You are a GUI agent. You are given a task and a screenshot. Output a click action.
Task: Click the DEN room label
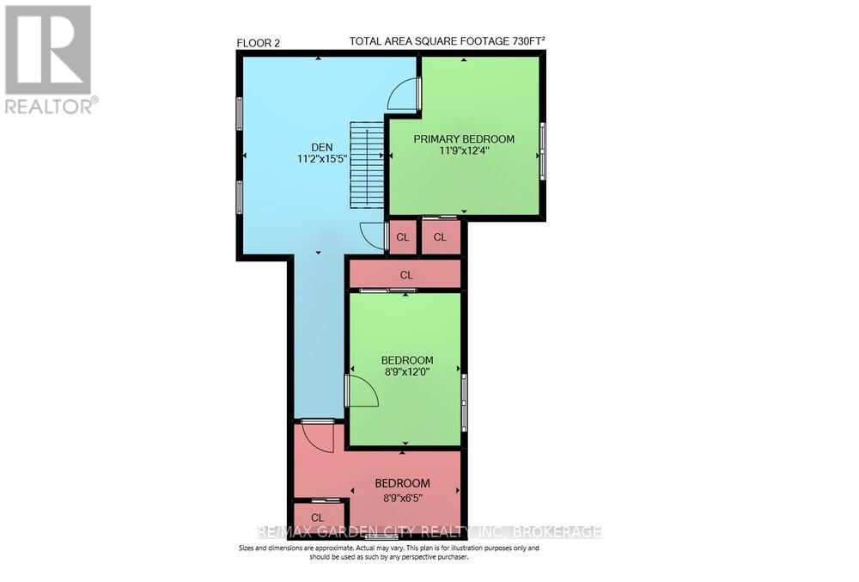(322, 147)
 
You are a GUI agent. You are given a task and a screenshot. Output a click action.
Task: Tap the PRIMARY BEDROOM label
(464, 139)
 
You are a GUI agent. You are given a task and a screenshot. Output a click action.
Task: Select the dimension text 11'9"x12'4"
(464, 151)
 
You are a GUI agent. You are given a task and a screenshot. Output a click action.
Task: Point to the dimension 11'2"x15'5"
(322, 159)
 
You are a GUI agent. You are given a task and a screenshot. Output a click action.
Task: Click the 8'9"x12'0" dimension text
(407, 372)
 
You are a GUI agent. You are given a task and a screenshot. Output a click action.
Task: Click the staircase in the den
(365, 165)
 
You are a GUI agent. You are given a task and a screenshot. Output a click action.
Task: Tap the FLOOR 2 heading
(258, 43)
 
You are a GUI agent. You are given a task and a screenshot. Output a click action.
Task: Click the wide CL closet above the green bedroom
(405, 274)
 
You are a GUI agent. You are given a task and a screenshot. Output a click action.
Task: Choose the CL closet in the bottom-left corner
(317, 518)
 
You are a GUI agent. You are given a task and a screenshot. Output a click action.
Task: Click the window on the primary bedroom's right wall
(542, 151)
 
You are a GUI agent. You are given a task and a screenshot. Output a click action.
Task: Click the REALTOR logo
(49, 59)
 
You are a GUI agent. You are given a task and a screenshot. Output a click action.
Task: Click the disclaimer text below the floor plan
(389, 552)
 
